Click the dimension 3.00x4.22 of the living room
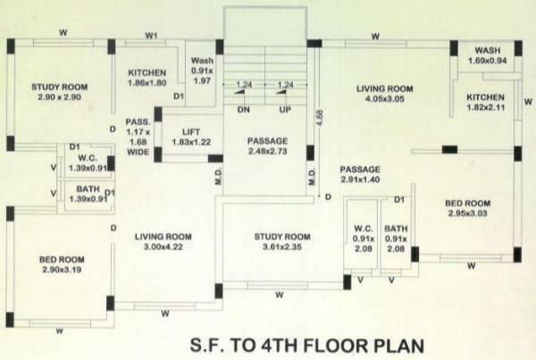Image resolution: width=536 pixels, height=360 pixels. coord(163,248)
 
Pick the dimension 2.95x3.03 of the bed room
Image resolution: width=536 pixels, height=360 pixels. coord(468,214)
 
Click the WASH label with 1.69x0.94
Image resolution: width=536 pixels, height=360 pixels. coord(487,50)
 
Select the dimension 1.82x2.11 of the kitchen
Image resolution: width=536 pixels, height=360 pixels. coord(485,107)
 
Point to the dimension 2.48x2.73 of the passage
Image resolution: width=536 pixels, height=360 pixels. coord(268,153)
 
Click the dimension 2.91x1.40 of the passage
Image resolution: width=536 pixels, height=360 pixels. coord(360,180)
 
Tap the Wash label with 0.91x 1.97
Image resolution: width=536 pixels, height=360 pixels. coord(203,61)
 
